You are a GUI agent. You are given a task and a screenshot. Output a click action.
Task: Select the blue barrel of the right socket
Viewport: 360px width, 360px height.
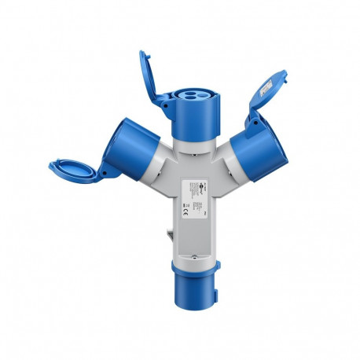(265, 150)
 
